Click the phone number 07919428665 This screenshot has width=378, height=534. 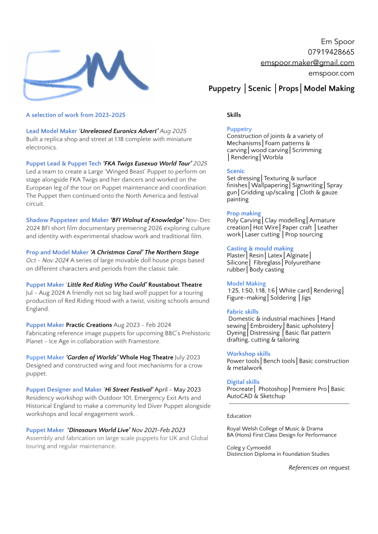pyautogui.click(x=331, y=52)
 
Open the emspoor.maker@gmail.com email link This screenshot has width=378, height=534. pyautogui.click(x=307, y=63)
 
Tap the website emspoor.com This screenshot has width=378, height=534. pyautogui.click(x=331, y=73)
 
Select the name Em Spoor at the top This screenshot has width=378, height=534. pyautogui.click(x=337, y=41)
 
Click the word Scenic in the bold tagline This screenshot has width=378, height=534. pyautogui.click(x=259, y=89)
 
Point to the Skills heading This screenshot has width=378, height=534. pyautogui.click(x=234, y=115)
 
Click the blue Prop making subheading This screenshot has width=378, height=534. pyautogui.click(x=244, y=214)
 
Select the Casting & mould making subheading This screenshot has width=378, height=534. pyautogui.click(x=260, y=249)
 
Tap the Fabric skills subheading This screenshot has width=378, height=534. pyautogui.click(x=242, y=312)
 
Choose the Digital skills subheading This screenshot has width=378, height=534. pyautogui.click(x=243, y=382)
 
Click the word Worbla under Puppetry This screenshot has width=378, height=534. pyautogui.click(x=272, y=157)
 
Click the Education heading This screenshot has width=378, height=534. pyautogui.click(x=239, y=416)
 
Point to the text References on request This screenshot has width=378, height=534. pyautogui.click(x=319, y=468)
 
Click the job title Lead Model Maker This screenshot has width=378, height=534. pyautogui.click(x=51, y=131)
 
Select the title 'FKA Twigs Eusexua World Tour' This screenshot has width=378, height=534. pyautogui.click(x=147, y=163)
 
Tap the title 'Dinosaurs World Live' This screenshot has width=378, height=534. pyautogui.click(x=98, y=430)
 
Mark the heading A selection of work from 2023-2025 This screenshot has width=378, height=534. pyautogui.click(x=76, y=115)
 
